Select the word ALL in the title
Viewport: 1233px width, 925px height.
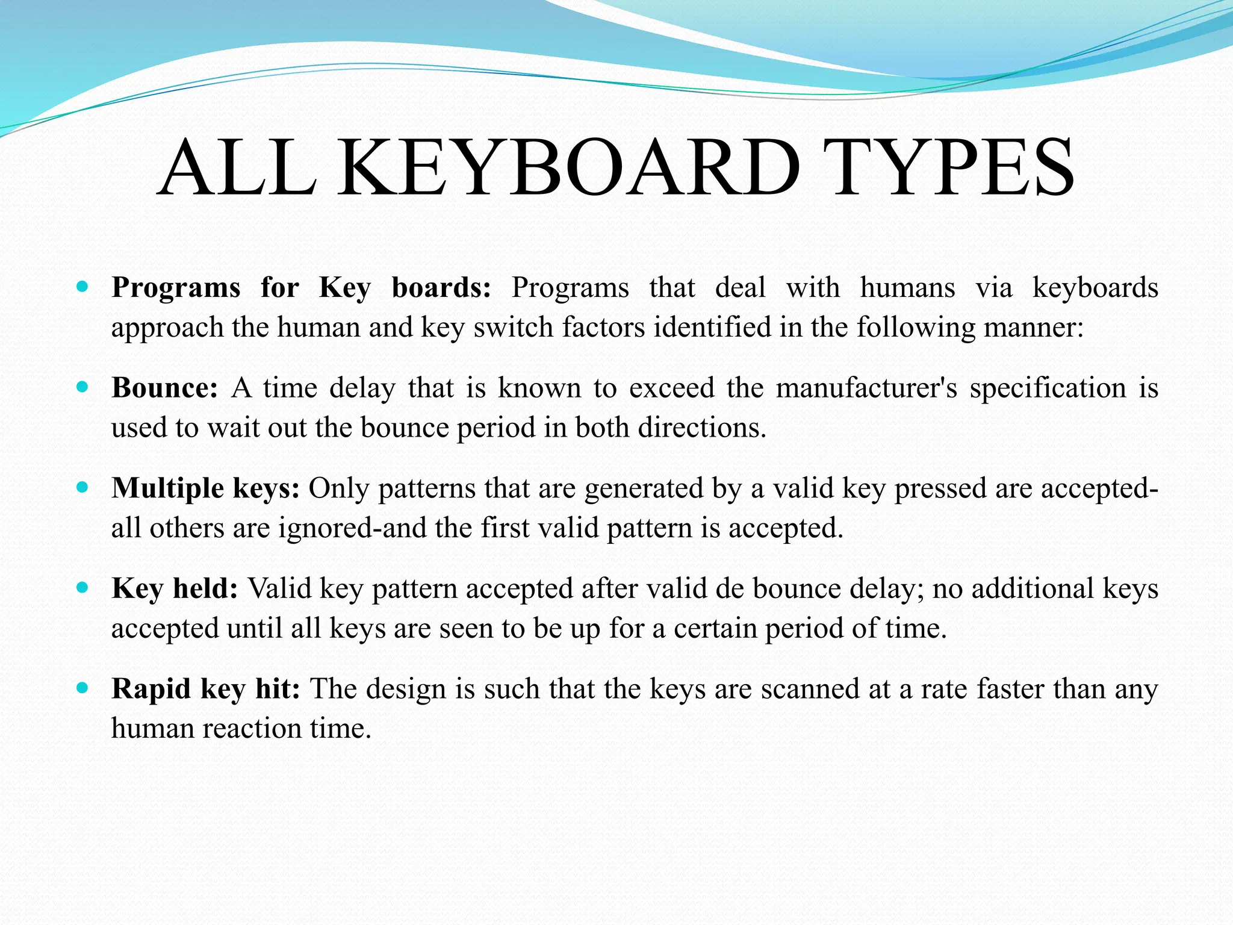click(237, 168)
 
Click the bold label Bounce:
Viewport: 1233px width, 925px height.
click(164, 388)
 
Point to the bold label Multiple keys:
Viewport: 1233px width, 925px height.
click(205, 488)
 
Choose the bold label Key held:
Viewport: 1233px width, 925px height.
click(175, 588)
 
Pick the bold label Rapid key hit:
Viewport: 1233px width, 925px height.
click(205, 689)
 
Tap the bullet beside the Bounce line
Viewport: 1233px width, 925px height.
click(83, 387)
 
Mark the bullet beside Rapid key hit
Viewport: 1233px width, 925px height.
click(83, 687)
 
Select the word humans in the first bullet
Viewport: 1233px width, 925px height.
click(907, 287)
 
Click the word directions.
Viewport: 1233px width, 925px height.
click(702, 428)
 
